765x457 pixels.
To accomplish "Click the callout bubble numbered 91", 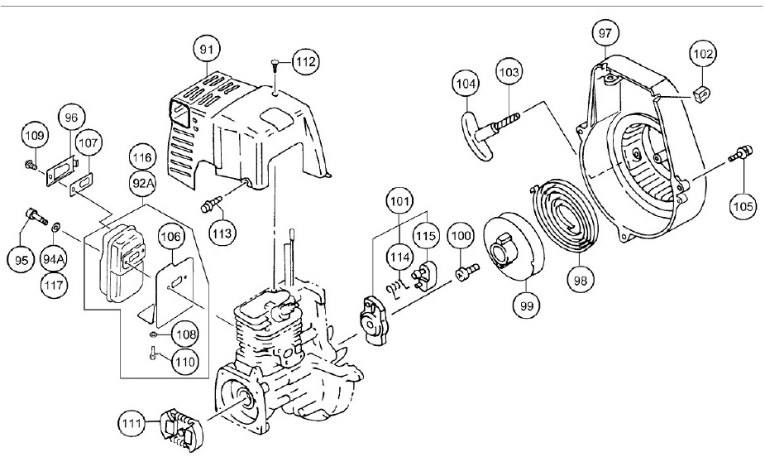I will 208,50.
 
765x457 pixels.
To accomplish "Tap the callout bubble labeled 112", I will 304,60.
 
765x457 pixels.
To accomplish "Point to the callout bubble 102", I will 703,55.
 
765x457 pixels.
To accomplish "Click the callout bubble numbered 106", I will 171,237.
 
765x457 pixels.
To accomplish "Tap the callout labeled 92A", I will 144,180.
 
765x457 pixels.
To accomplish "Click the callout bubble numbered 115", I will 427,235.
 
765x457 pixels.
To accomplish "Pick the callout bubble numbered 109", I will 35,134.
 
